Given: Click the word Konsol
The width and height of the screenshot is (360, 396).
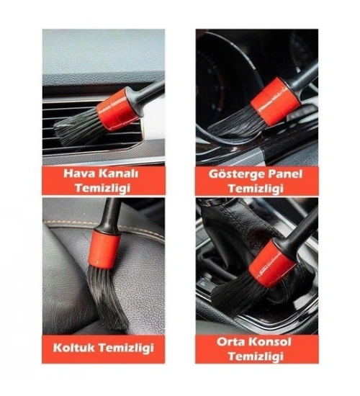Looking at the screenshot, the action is click(x=270, y=342).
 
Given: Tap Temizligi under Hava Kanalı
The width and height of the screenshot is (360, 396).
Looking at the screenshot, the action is click(x=103, y=189).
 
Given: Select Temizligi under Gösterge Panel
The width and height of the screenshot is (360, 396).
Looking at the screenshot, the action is click(x=256, y=189).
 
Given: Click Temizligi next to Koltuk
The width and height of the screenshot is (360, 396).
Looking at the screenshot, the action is click(x=126, y=348).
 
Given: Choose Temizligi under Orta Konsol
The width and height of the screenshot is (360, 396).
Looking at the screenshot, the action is click(x=256, y=357).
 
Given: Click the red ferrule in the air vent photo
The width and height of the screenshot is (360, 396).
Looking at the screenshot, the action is click(x=118, y=109).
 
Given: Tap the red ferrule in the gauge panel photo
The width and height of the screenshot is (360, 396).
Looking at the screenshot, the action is click(x=276, y=102).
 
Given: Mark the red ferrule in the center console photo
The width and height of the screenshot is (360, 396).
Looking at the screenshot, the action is click(x=272, y=263).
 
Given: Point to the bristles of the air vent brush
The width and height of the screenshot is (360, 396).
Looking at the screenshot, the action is click(x=78, y=126).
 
